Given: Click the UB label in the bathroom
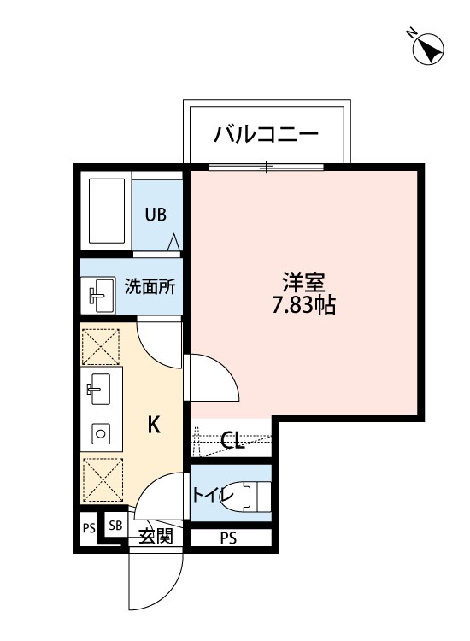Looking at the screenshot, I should (x=156, y=215).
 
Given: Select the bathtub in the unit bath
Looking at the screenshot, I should (x=106, y=210).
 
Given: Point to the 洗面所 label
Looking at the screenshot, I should (x=150, y=287).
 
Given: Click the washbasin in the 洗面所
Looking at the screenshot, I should (x=100, y=296).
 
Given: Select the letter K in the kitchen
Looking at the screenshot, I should (x=154, y=424).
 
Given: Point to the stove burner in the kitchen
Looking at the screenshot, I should (x=101, y=432).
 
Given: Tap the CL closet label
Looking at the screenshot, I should (x=232, y=440).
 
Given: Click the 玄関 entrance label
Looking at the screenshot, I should (x=156, y=537).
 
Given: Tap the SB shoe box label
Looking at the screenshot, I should (x=115, y=526).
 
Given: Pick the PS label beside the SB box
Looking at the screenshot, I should (x=89, y=529).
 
